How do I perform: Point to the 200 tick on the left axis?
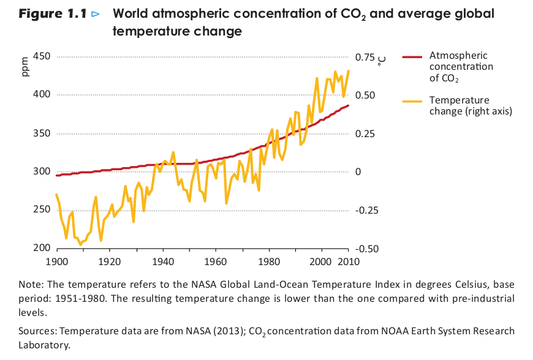(41, 249)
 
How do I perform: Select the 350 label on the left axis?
(41, 133)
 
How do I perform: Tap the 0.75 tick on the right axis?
(363, 57)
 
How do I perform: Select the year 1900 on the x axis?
(57, 262)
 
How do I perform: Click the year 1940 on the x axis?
(163, 262)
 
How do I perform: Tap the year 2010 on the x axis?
(348, 262)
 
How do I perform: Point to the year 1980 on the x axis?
(269, 262)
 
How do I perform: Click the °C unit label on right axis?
(381, 59)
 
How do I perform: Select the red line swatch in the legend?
(413, 56)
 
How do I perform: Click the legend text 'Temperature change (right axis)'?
(470, 105)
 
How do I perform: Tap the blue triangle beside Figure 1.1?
(95, 14)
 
